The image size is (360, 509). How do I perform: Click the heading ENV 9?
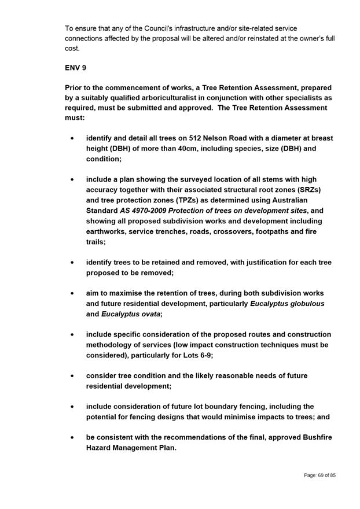pyautogui.click(x=75, y=68)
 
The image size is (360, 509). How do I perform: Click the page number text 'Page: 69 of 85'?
pyautogui.click(x=319, y=475)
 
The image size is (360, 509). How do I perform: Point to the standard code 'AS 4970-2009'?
pyautogui.click(x=142, y=211)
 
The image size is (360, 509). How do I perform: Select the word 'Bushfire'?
pyautogui.click(x=311, y=437)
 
